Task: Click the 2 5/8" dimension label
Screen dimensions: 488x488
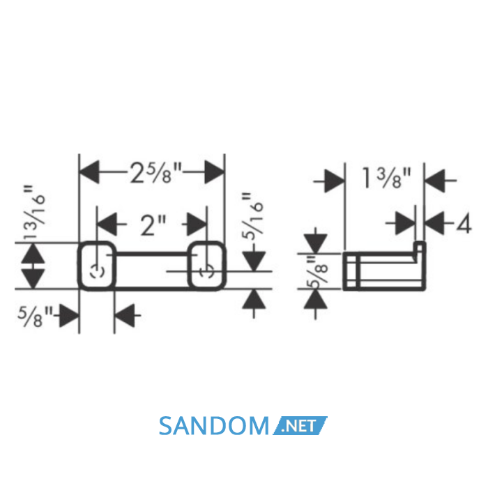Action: click(155, 173)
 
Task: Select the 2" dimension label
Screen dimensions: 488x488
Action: click(153, 224)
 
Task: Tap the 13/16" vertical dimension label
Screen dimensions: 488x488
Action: click(34, 213)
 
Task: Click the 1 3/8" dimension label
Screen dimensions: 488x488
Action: click(386, 178)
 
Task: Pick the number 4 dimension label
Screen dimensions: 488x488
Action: click(464, 224)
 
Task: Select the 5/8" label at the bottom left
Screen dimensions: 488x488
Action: click(35, 316)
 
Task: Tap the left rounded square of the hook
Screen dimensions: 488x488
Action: click(96, 266)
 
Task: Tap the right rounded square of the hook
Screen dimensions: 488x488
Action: click(206, 266)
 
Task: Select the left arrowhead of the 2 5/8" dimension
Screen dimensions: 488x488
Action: click(89, 172)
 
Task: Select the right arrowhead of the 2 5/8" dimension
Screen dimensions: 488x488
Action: click(215, 172)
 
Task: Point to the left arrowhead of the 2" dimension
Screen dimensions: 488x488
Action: click(107, 224)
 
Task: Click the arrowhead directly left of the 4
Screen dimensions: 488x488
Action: click(434, 224)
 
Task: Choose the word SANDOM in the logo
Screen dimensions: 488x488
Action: click(213, 426)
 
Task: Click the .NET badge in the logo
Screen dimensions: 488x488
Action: click(300, 425)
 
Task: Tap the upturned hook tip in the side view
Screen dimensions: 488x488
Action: click(420, 247)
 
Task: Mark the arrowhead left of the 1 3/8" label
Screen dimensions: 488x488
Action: click(335, 181)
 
